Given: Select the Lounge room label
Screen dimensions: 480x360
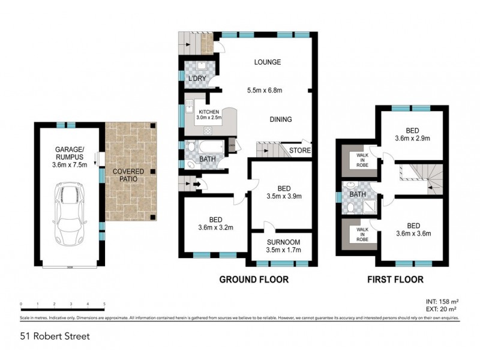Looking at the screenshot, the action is [267, 62].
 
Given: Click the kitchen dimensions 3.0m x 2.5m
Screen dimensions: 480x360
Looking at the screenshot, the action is [209, 118].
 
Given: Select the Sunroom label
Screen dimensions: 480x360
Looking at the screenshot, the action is [280, 242].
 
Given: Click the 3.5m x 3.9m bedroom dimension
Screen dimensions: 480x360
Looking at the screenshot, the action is [283, 196].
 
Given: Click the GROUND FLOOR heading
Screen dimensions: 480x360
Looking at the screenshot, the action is [254, 279].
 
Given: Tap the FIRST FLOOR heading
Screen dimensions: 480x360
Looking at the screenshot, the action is [396, 279].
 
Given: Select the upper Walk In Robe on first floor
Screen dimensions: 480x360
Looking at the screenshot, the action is [361, 160].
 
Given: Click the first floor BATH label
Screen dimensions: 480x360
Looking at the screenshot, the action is [358, 194].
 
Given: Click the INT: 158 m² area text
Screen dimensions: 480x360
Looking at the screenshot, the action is [443, 302].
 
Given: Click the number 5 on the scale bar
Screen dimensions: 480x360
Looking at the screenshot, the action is [104, 304].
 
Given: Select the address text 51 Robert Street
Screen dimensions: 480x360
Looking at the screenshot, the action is [55, 336].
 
